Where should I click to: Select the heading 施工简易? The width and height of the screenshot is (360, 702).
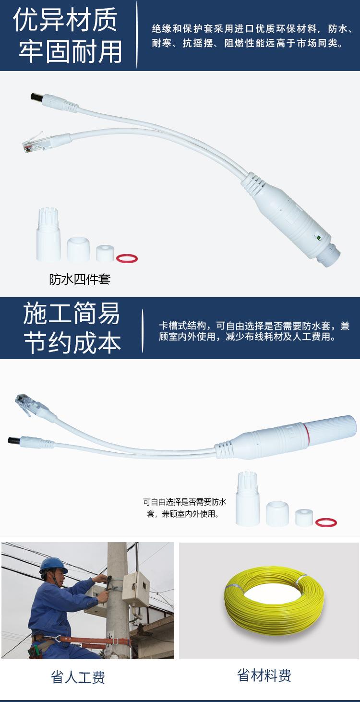(72, 314)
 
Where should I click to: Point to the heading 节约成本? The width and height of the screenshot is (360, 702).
(72, 343)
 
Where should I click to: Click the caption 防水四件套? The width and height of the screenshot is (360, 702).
(80, 279)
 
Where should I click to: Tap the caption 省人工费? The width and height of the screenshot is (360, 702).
(78, 678)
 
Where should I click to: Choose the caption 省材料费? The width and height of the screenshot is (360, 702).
(264, 676)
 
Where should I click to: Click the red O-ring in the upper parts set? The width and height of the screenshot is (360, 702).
(127, 258)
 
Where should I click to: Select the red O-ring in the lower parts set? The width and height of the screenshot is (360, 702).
(326, 522)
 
